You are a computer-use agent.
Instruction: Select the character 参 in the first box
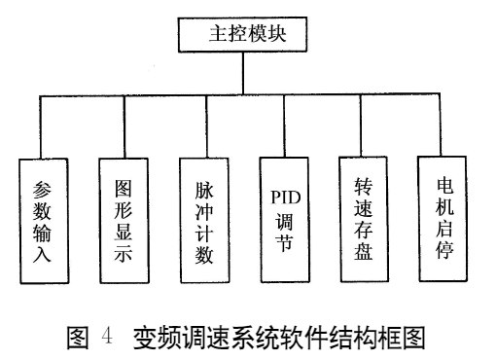[x=42, y=187]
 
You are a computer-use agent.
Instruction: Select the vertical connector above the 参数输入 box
[x=40, y=126]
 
